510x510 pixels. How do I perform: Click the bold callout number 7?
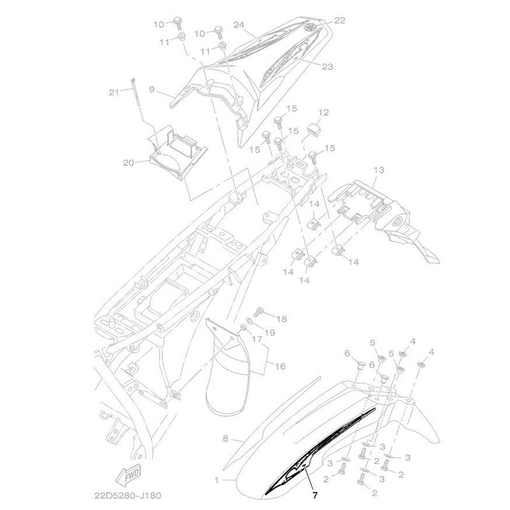pyautogui.click(x=314, y=495)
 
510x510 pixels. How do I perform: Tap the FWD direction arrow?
pyautogui.click(x=129, y=474)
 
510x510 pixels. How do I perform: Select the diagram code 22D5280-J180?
pyautogui.click(x=127, y=496)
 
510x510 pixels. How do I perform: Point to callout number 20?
pyautogui.click(x=129, y=163)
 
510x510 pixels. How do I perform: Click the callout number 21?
pyautogui.click(x=114, y=92)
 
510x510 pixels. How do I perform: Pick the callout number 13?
pyautogui.click(x=379, y=170)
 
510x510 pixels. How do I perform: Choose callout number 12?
pyautogui.click(x=323, y=113)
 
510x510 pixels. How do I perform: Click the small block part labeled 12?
pyautogui.click(x=314, y=129)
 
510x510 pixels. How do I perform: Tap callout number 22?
pyautogui.click(x=340, y=20)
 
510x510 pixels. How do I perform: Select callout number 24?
pyautogui.click(x=238, y=25)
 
